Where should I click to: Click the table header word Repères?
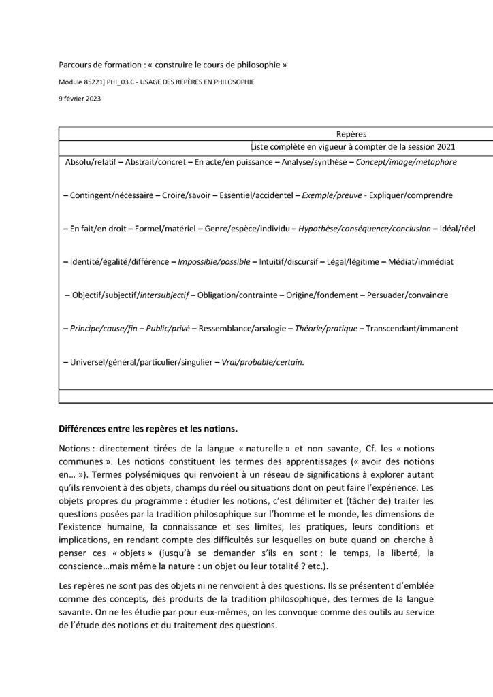point(351,135)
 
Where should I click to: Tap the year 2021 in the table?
point(444,146)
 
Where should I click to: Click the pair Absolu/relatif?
point(91,163)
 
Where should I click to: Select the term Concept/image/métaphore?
point(407,163)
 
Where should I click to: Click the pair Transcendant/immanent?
point(412,328)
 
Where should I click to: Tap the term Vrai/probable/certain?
point(262,362)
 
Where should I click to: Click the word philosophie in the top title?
point(258,65)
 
